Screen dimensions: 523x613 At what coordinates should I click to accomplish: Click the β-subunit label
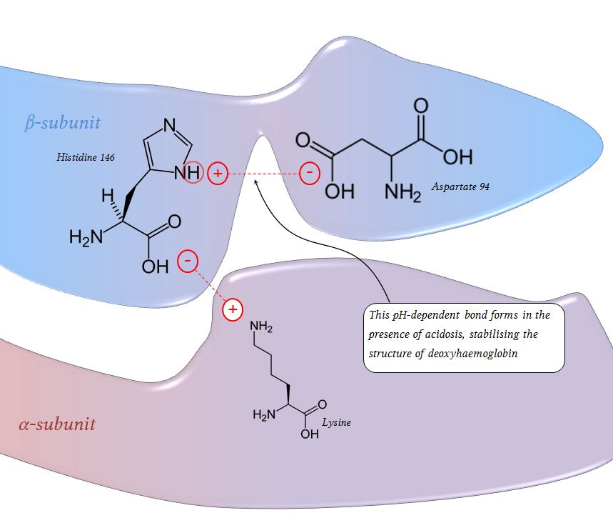62,122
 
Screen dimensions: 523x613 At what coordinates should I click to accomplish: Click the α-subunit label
56,424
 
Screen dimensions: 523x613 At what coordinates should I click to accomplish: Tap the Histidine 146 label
86,156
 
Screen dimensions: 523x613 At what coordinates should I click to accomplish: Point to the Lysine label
336,422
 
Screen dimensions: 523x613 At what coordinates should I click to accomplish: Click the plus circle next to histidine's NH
218,173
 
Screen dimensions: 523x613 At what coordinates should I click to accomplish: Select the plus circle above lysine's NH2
232,309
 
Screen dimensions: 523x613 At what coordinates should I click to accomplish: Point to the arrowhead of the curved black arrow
259,184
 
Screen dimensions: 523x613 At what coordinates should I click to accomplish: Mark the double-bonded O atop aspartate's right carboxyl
421,106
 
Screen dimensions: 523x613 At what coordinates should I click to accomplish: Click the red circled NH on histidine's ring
191,173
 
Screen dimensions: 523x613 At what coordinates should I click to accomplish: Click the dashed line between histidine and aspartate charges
264,174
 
